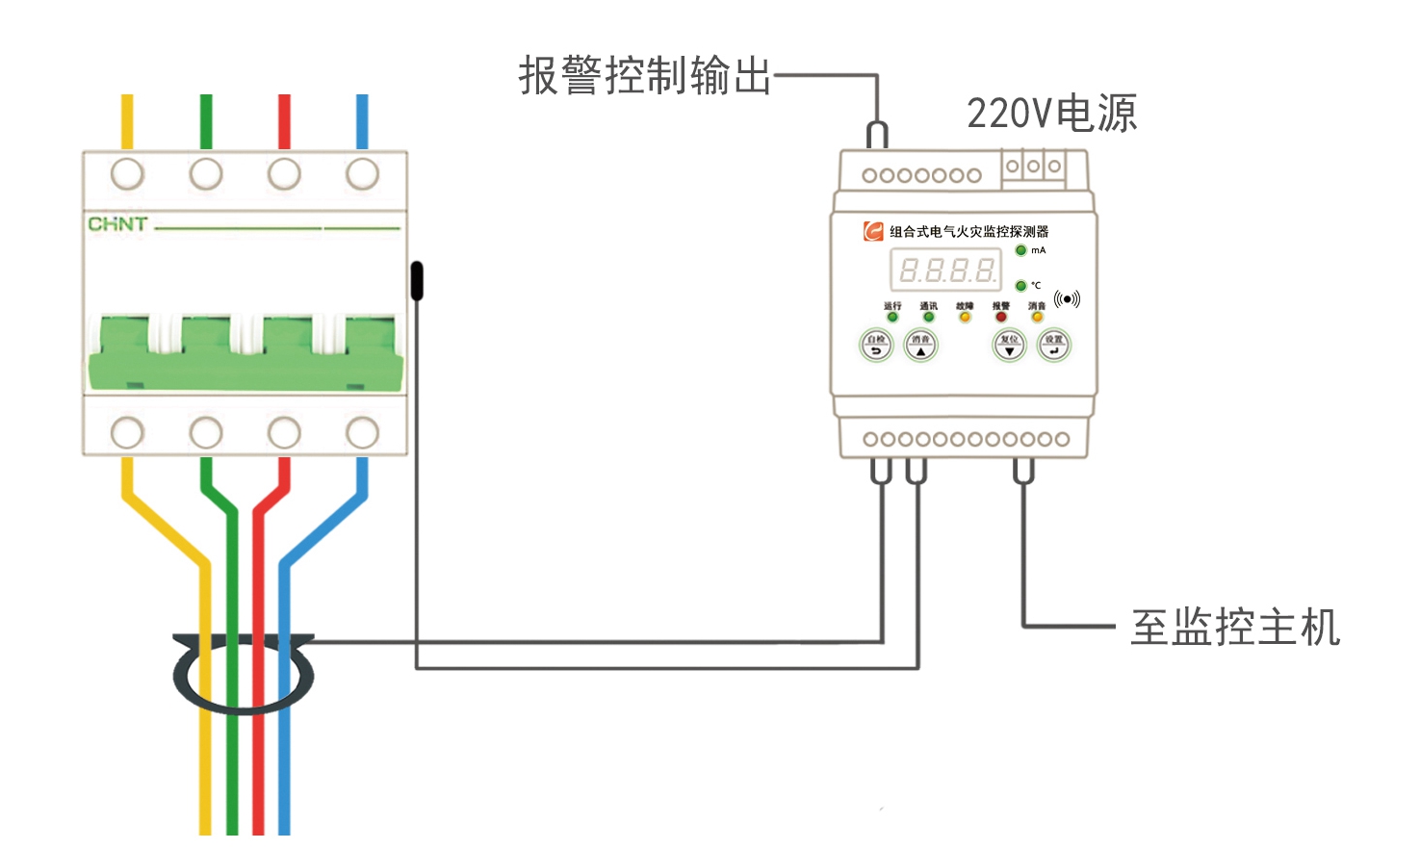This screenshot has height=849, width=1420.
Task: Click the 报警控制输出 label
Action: [645, 75]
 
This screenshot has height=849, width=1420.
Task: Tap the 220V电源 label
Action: [1051, 114]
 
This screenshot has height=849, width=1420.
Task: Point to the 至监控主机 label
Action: [1235, 628]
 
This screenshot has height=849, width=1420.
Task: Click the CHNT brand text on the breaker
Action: [117, 224]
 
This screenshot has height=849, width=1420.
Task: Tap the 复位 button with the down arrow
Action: [1009, 345]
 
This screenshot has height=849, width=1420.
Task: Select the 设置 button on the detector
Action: [1054, 345]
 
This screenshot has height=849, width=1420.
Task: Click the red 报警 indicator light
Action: [1001, 317]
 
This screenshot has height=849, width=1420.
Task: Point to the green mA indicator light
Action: [1020, 250]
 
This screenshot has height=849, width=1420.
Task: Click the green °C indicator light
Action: [1020, 286]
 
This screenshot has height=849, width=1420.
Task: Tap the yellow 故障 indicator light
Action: [965, 317]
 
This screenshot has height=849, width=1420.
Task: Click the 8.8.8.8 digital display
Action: [945, 270]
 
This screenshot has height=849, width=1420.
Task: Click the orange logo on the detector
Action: [873, 231]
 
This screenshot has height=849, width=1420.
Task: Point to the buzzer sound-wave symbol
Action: [1067, 299]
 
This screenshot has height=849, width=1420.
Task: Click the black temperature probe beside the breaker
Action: [417, 280]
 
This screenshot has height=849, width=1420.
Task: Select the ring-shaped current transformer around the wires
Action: [244, 674]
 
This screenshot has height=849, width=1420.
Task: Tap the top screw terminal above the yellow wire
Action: [127, 174]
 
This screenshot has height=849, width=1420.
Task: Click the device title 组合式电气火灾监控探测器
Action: [968, 232]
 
